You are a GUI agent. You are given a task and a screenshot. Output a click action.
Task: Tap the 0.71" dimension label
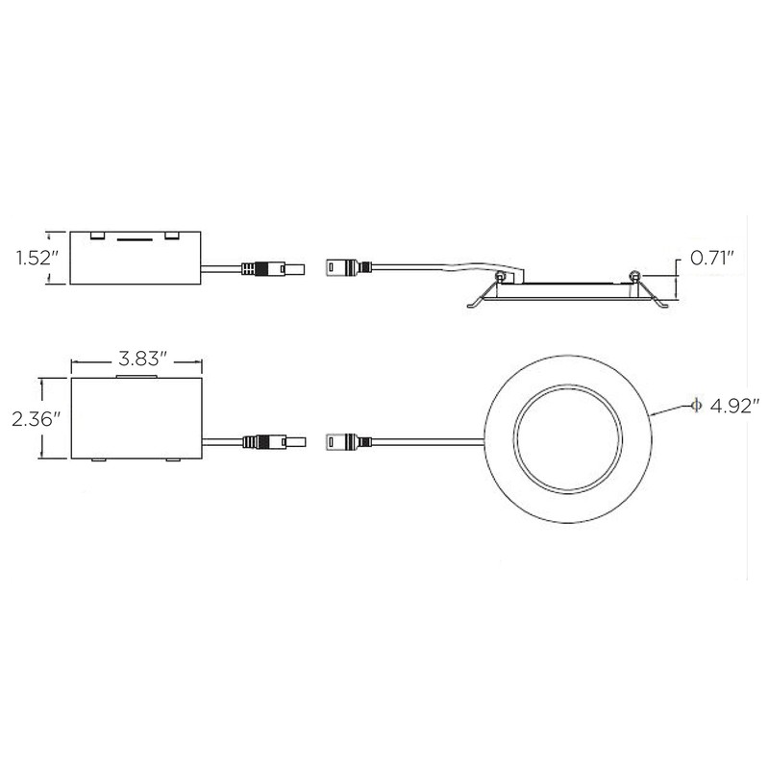[x=713, y=258]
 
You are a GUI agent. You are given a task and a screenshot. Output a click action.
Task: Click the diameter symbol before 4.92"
[x=693, y=406]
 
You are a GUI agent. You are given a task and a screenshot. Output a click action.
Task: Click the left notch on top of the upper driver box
[x=98, y=235]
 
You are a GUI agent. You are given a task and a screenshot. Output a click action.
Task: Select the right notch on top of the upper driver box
[x=172, y=235]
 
